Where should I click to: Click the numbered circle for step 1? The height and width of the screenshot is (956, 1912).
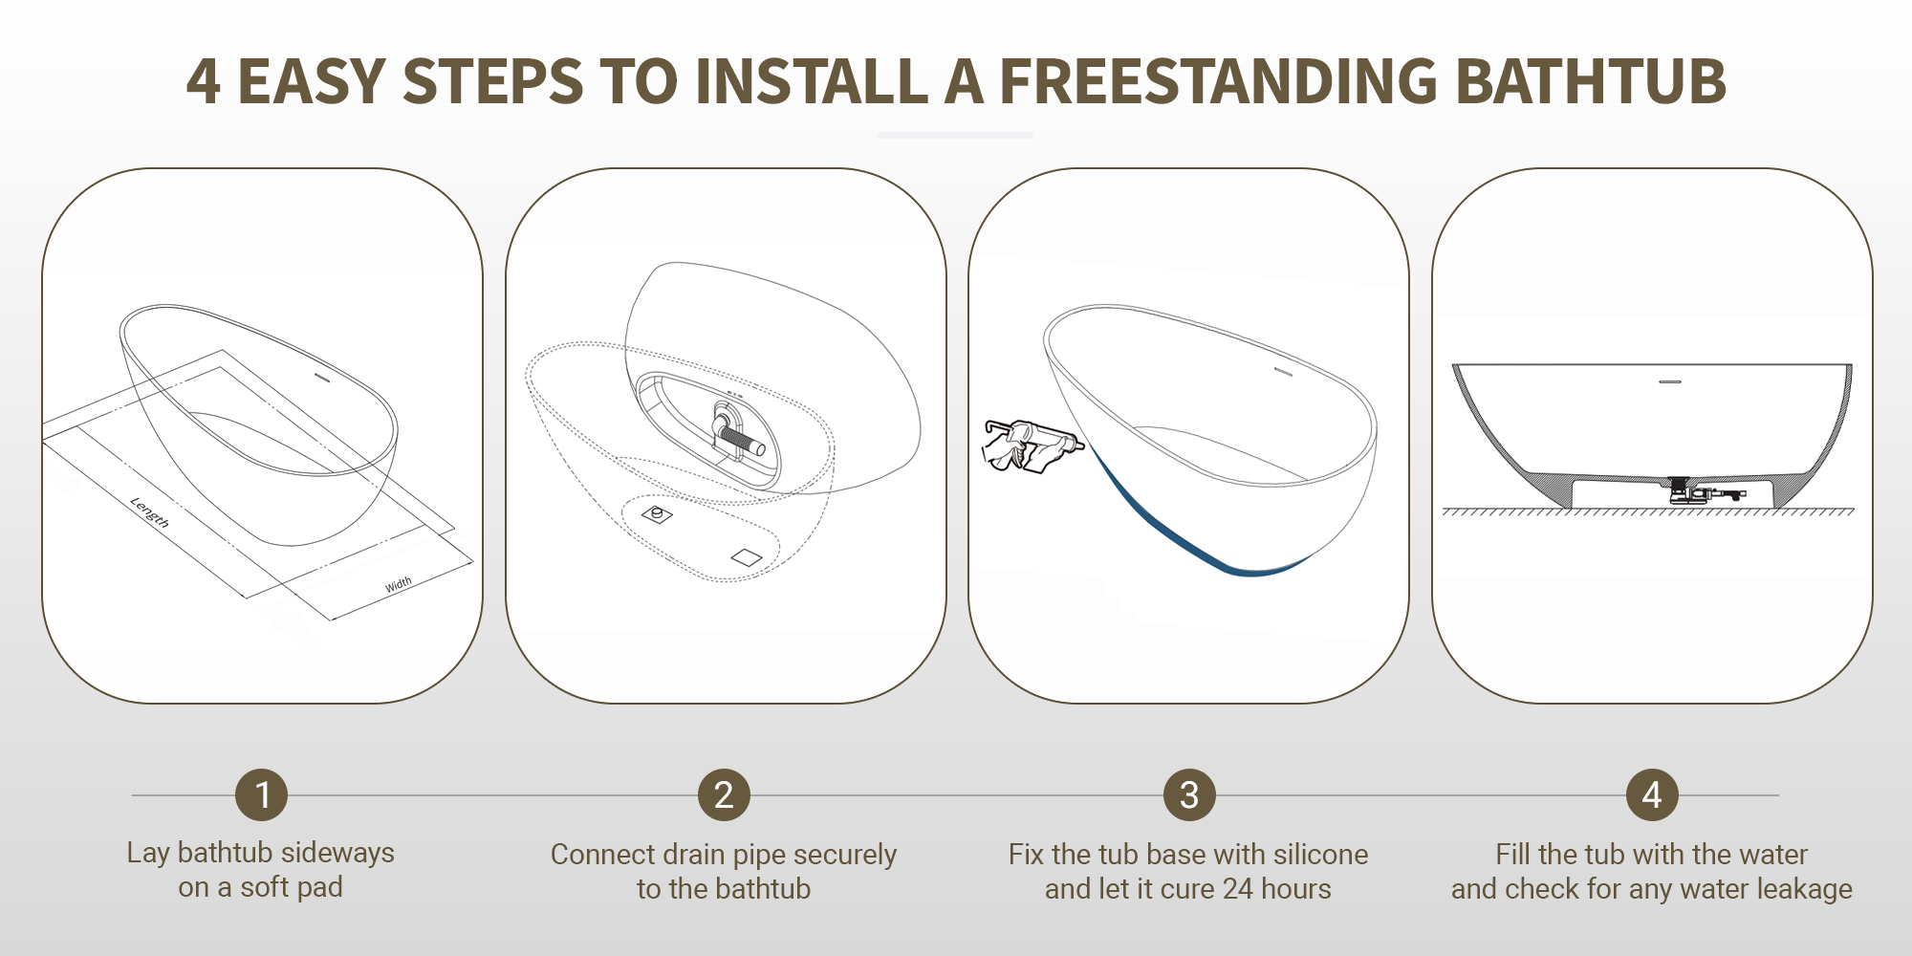(262, 794)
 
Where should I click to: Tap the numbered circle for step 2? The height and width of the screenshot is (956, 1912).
(724, 794)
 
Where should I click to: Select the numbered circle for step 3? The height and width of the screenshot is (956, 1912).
(1189, 794)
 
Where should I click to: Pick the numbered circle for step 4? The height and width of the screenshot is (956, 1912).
(1652, 794)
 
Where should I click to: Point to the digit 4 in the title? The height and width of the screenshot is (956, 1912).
(203, 81)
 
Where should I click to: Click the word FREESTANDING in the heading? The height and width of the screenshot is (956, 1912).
(1218, 80)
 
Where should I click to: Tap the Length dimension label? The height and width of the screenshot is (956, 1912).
(150, 512)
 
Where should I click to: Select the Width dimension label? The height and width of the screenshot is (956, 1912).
(399, 584)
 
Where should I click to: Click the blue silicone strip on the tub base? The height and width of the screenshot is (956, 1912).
(1195, 526)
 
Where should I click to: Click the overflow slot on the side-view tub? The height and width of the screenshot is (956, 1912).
(1670, 381)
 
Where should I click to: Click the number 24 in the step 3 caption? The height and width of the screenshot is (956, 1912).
(1238, 888)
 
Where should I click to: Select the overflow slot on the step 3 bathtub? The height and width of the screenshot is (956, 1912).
(1283, 371)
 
